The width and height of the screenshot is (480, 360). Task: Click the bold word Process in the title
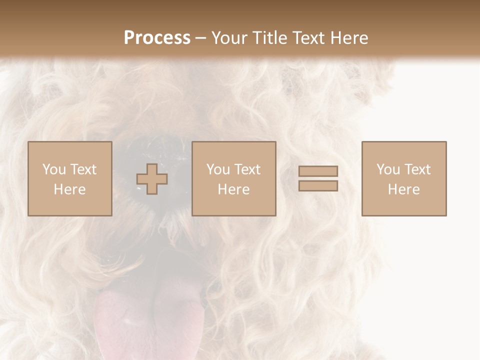point(157,38)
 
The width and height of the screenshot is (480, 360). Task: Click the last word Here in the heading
point(349,38)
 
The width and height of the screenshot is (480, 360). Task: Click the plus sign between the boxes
point(152,178)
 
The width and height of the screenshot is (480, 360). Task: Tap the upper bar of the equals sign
point(318,171)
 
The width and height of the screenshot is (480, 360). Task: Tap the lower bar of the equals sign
point(318,186)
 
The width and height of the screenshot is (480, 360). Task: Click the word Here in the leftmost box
point(70,189)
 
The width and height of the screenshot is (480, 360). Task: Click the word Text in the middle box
point(247,169)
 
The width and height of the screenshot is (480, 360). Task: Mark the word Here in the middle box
point(234,189)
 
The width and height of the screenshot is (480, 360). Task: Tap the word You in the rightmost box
point(388,169)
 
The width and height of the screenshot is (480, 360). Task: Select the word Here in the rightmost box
point(404,189)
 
